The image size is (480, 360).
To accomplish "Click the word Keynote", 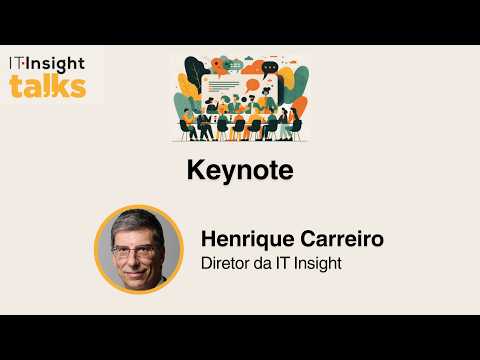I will (x=240, y=170).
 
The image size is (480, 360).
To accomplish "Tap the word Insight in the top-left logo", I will (x=58, y=63).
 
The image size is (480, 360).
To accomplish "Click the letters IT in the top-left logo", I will (x=18, y=63).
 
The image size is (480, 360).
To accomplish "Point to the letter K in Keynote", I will (x=195, y=170).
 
